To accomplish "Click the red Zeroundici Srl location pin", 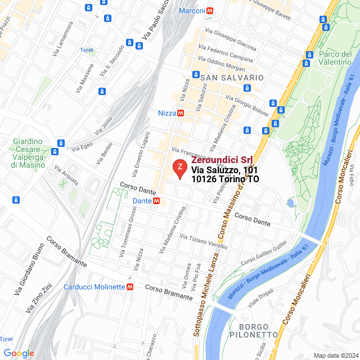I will coord(179,168).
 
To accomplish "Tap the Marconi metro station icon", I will coord(210,11).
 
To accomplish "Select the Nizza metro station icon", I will coord(181,113).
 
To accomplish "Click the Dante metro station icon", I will coord(156,201).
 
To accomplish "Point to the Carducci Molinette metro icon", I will coord(130,287).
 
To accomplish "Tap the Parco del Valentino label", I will coord(335,58).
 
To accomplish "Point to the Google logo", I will coord(19,353).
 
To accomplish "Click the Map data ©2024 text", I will coord(335,355).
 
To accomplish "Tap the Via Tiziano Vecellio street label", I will coord(203,241).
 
